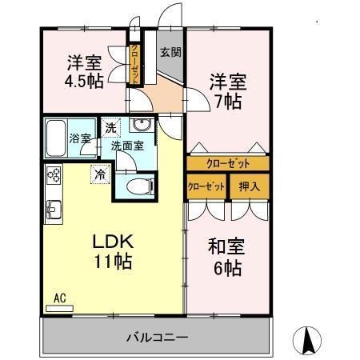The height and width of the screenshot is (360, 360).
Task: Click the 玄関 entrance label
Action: click(169, 54)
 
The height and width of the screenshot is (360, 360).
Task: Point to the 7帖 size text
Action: click(228, 102)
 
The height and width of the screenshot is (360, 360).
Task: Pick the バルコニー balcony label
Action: click(157, 337)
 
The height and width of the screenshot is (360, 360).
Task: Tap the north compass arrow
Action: click(307, 340)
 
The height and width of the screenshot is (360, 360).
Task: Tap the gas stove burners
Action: click(54, 174)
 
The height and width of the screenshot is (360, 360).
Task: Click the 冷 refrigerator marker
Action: click(101, 172)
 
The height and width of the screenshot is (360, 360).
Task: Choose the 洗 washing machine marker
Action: click(111, 127)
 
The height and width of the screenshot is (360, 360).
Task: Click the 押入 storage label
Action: click(250, 186)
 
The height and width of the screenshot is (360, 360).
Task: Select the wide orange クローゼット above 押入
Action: click(228, 163)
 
